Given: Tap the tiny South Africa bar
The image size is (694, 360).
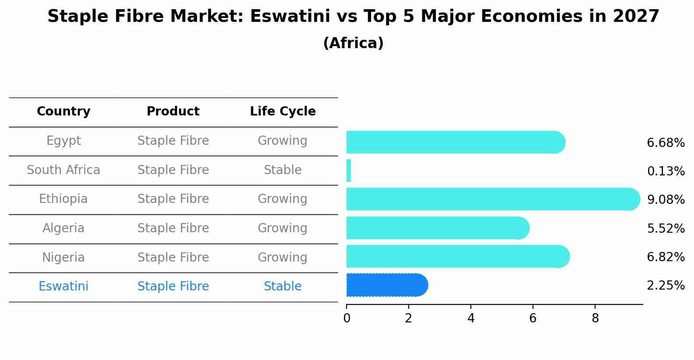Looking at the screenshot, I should coord(349,171).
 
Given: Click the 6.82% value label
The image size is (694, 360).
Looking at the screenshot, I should coord(666,257).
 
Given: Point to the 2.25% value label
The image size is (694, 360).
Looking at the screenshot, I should coord(666,286).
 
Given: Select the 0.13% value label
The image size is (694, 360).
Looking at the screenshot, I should coord(666,171).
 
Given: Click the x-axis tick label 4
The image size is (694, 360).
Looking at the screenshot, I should coord(471,318).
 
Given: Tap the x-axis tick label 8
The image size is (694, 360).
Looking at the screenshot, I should coord(595,318).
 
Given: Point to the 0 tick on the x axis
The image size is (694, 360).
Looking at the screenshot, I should coord(347,318).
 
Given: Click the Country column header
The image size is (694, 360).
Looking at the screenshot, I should coord(63,112).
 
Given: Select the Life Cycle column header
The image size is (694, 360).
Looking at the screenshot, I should coord(283,112).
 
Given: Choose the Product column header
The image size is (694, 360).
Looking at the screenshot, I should coord(173,112).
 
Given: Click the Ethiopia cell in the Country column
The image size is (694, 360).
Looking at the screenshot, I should coord(63,199).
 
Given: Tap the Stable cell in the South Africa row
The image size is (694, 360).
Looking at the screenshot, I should coord(283,170).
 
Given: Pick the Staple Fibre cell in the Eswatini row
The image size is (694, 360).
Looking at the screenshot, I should coord(173,287).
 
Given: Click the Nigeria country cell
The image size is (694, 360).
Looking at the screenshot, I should coord(63,258).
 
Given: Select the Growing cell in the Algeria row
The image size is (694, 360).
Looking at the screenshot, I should coord(283,228).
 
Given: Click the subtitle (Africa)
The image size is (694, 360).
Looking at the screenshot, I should coord(353,43).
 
